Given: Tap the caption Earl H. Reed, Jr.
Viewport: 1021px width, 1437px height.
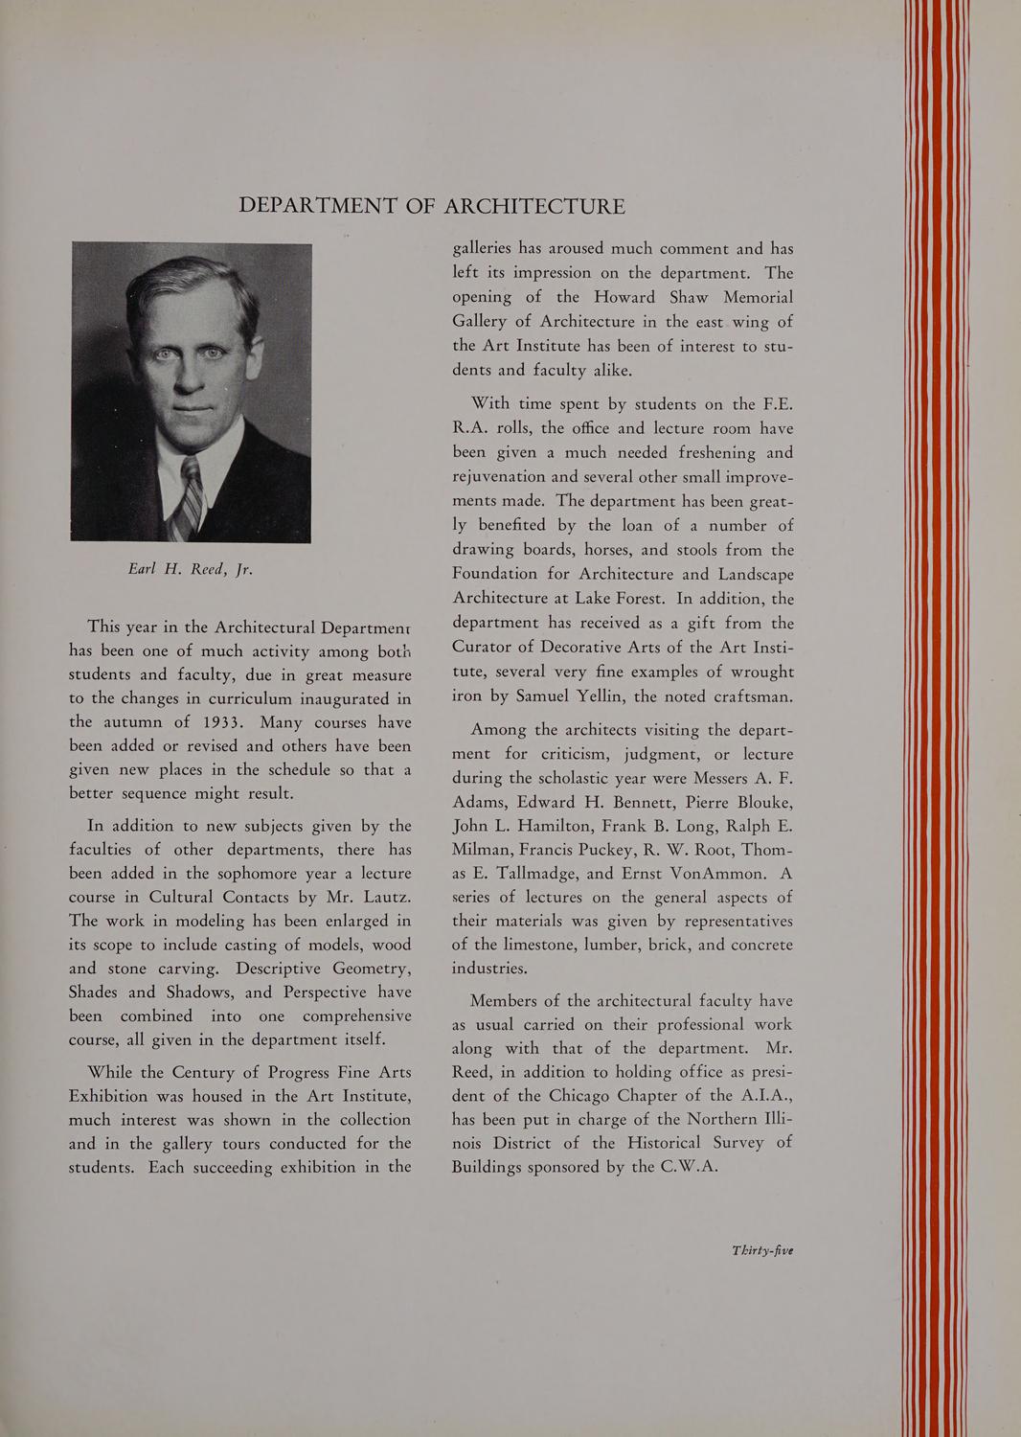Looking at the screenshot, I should (190, 569).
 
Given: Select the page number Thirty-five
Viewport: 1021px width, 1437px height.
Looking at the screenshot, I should (762, 1250).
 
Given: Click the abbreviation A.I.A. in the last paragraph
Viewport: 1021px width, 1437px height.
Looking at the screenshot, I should (756, 1095).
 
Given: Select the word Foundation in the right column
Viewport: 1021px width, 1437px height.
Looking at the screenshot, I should (495, 574).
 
